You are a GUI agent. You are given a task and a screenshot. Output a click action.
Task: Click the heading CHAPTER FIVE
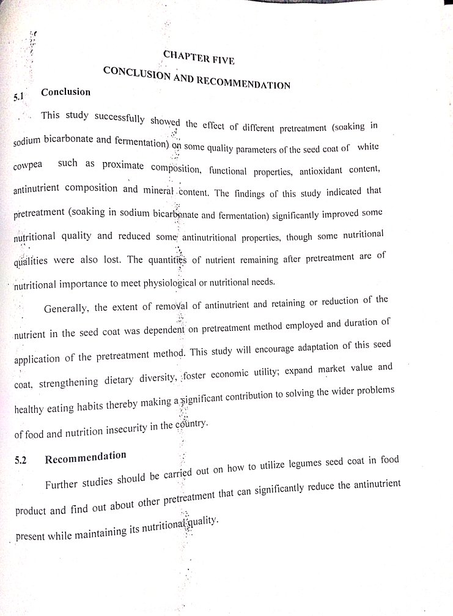pos(198,58)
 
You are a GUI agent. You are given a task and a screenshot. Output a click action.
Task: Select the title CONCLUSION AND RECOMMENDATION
pos(196,78)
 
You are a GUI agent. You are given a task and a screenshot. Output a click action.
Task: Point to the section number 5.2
pos(21,461)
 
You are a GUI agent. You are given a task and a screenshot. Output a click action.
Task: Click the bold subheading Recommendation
pos(86,457)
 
